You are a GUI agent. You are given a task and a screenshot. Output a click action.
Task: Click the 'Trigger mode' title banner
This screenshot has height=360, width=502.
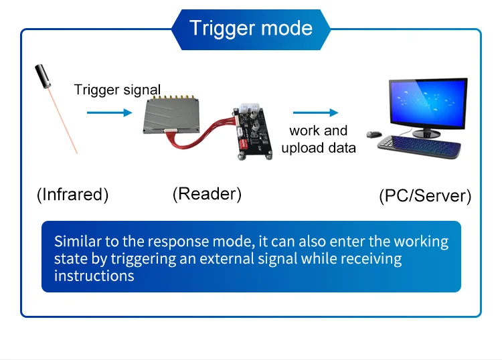(251, 29)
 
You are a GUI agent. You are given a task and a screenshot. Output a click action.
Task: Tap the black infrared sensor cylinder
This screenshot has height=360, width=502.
(43, 76)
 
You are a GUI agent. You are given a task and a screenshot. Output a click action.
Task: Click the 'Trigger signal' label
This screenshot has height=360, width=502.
(117, 90)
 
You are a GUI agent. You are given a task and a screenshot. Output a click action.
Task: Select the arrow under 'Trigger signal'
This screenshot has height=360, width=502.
(110, 112)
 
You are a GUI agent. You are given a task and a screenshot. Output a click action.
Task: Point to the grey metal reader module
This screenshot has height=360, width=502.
(171, 115)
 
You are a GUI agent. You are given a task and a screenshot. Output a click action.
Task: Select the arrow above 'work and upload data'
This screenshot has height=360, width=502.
(316, 112)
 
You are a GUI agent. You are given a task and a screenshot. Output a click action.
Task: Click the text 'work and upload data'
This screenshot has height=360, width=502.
(319, 139)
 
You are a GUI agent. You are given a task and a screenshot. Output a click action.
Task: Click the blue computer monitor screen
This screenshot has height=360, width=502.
(428, 103)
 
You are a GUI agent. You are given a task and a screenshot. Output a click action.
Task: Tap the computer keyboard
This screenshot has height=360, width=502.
(420, 147)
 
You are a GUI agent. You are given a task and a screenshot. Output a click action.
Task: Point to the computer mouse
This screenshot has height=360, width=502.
(374, 134)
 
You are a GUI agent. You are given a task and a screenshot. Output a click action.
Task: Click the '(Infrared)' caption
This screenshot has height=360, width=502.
(73, 195)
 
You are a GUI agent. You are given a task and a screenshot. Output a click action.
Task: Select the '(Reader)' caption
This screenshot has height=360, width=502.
(207, 194)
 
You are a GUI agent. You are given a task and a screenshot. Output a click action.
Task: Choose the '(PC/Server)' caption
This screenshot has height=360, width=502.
(425, 196)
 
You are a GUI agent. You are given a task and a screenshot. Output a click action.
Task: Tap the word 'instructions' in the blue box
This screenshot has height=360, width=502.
(94, 276)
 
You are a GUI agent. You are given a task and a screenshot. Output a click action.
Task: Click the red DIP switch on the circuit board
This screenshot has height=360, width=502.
(244, 144)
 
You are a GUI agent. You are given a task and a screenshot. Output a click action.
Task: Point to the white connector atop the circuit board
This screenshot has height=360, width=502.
(249, 108)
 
